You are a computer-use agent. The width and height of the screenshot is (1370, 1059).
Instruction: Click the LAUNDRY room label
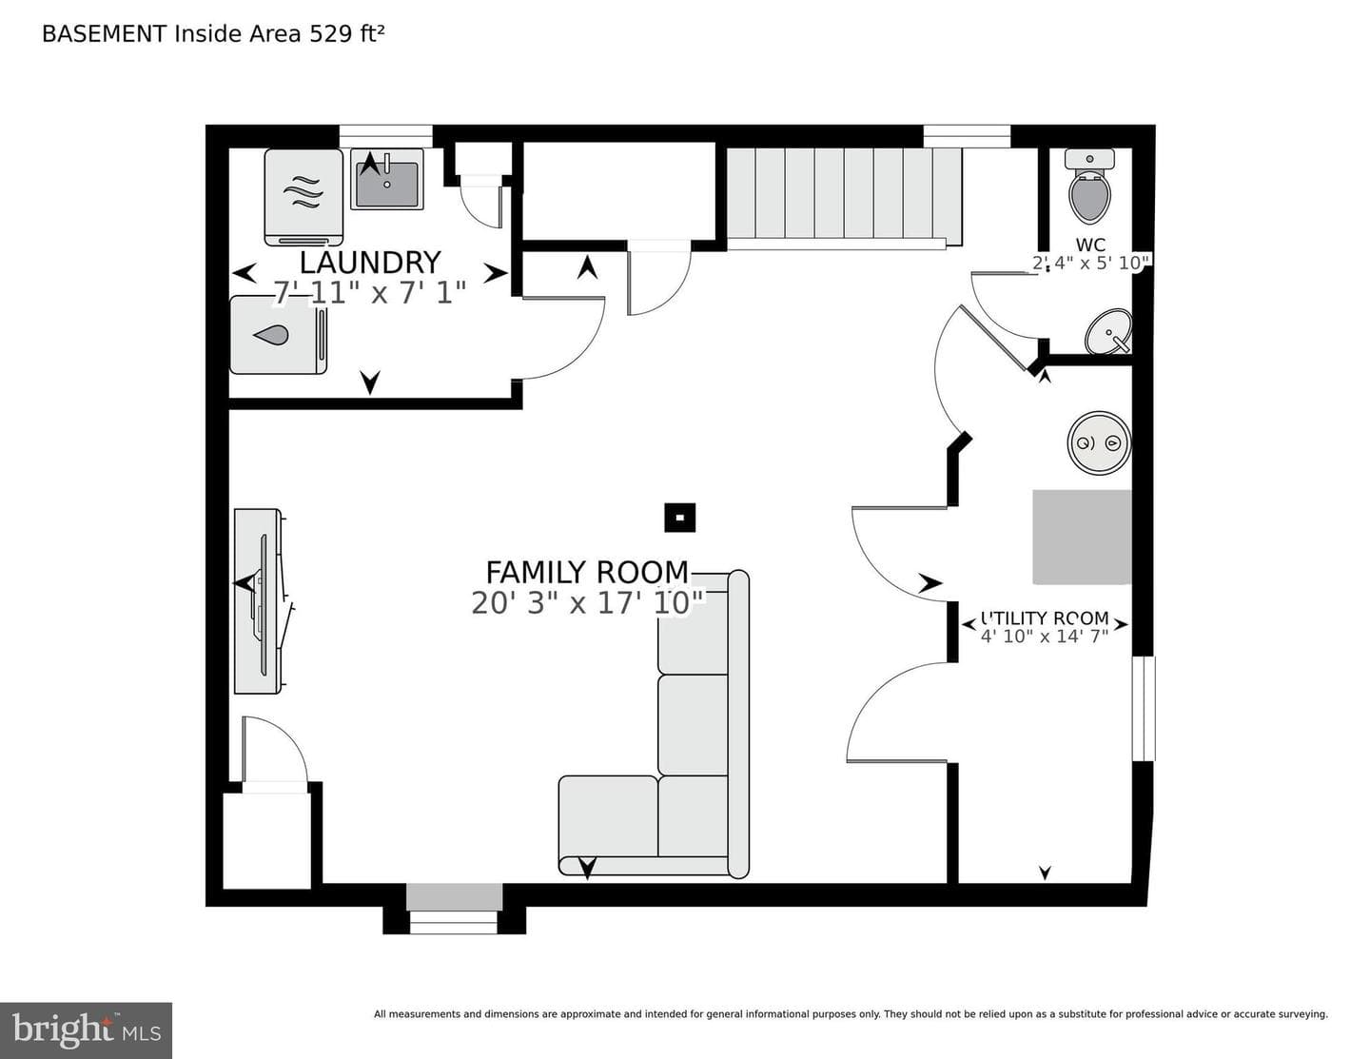coord(370,263)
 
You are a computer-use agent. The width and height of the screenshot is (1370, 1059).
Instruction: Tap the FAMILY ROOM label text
coord(587,573)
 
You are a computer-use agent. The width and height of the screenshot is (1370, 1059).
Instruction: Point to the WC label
coord(1090,245)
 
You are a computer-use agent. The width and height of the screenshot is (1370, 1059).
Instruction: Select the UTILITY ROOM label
coord(1045,618)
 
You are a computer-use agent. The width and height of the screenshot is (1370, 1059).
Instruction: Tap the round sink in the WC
coord(1108,331)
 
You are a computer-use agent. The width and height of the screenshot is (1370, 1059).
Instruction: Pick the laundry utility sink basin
coord(387,180)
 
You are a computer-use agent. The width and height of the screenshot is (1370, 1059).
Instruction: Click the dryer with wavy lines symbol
coord(303,197)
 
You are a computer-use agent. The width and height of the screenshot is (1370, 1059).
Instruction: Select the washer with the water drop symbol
coord(278,335)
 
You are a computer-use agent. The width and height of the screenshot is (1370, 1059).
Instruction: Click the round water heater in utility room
coord(1099,443)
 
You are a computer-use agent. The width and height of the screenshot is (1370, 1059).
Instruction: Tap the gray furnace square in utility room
coord(1081,537)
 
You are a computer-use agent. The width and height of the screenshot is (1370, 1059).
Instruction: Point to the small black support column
coord(679,518)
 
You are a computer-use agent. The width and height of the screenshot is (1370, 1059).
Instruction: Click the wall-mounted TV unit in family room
coord(262,601)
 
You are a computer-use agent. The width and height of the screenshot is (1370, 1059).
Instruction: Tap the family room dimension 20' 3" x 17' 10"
coord(588,602)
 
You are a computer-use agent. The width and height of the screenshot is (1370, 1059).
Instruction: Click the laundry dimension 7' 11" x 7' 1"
coord(369,293)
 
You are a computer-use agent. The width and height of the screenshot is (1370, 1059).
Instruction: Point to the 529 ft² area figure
coord(346,33)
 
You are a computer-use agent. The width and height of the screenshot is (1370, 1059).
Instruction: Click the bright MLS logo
coord(86,1030)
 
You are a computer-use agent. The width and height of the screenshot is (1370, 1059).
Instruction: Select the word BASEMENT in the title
coord(105,34)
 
